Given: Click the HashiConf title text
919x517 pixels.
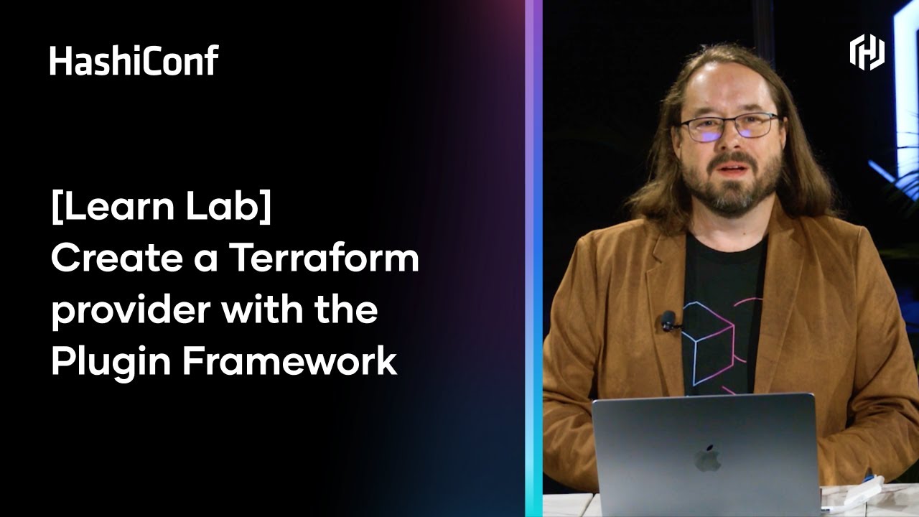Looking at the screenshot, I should (134, 60).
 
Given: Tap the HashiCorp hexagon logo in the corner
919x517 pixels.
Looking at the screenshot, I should (867, 53).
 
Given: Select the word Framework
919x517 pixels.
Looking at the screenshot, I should (289, 362).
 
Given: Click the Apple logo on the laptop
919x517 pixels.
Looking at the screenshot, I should (707, 458).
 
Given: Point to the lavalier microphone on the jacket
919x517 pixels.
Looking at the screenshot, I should (668, 320).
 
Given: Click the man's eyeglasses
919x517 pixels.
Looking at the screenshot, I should (728, 126).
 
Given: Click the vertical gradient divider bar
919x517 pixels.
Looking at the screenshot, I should (533, 258).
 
